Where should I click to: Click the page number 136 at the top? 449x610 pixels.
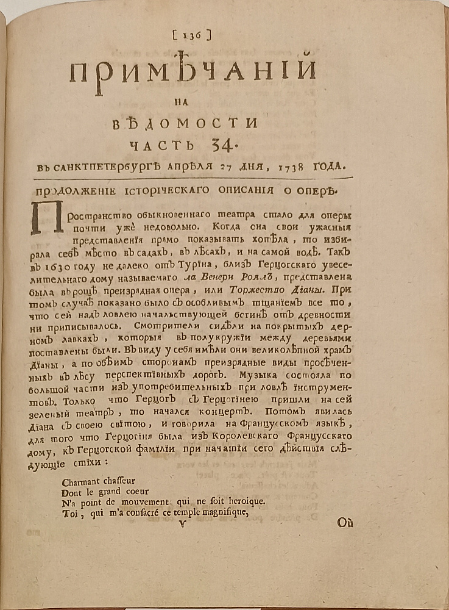click(192, 36)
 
